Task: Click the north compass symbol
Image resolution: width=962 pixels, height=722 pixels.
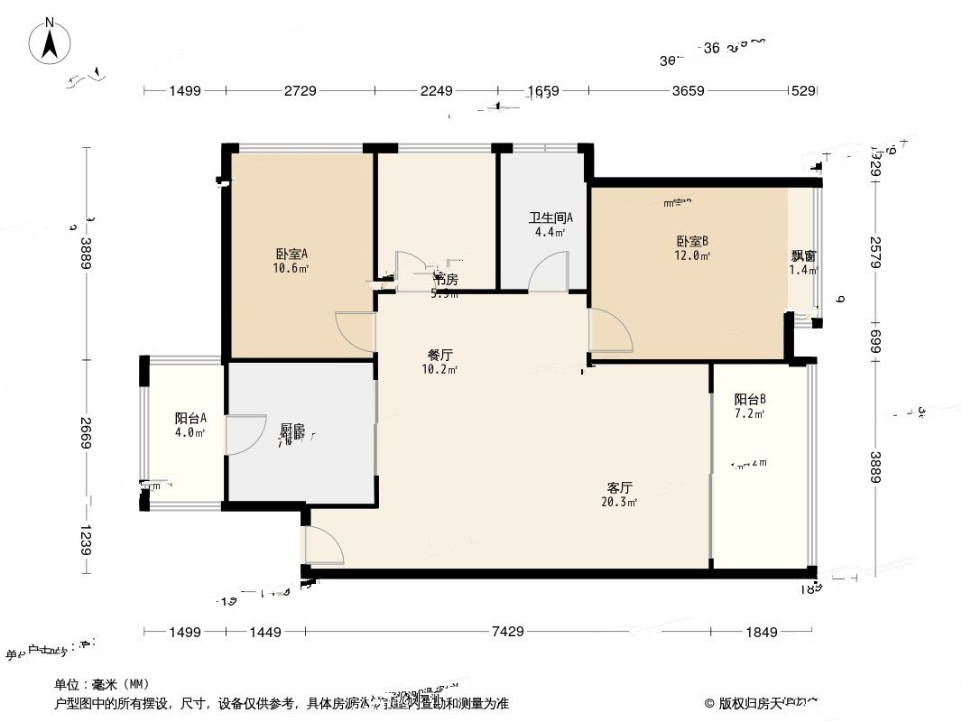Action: [51, 41]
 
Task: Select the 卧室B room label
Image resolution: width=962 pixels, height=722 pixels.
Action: [692, 241]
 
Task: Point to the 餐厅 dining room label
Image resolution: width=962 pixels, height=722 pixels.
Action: [440, 355]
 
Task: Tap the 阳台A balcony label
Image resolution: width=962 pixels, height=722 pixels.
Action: [190, 418]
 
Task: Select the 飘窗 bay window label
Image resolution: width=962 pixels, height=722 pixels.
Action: [803, 255]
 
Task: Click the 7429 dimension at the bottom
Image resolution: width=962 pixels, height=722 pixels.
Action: [508, 632]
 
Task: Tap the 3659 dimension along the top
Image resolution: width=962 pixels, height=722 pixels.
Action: [687, 91]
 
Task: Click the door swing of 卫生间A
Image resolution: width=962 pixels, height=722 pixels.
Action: [548, 273]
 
